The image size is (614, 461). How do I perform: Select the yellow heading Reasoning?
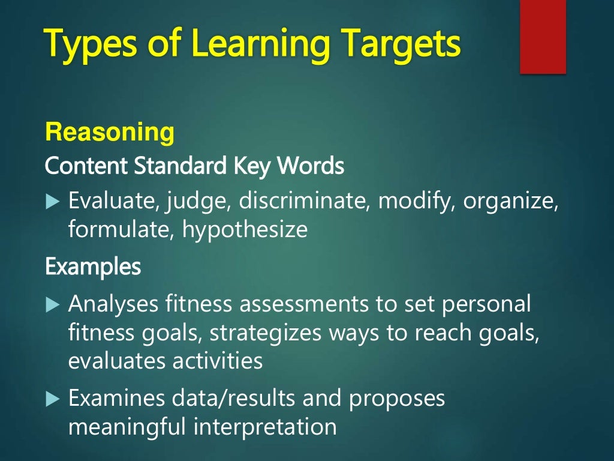[x=110, y=132]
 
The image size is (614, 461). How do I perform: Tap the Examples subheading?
[x=92, y=267]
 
